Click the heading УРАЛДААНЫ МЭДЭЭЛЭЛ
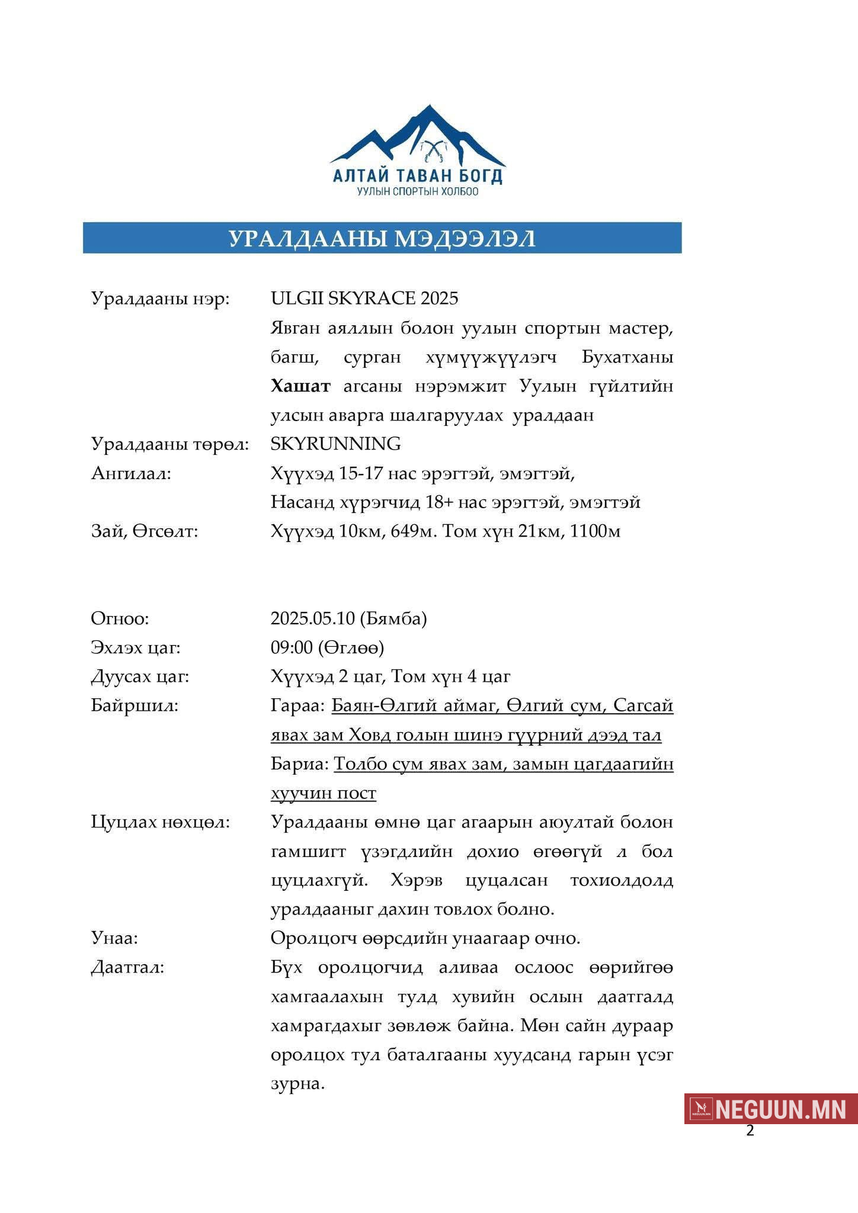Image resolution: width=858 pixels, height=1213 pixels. pyautogui.click(x=382, y=238)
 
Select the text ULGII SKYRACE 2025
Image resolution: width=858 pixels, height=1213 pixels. pyautogui.click(x=364, y=298)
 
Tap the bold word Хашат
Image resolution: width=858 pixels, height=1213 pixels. pyautogui.click(x=300, y=387)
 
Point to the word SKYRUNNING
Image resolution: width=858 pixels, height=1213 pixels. pyautogui.click(x=335, y=444)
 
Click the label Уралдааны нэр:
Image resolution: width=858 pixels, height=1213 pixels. pyautogui.click(x=160, y=298)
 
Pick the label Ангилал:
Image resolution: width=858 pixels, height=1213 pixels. pyautogui.click(x=131, y=473)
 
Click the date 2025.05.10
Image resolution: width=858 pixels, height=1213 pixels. pyautogui.click(x=313, y=618)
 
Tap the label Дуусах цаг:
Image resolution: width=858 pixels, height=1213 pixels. pyautogui.click(x=140, y=676)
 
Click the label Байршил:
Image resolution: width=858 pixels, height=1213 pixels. pyautogui.click(x=135, y=705)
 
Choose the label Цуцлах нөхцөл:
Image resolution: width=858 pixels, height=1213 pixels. pyautogui.click(x=160, y=822)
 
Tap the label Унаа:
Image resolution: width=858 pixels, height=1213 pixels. pyautogui.click(x=114, y=938)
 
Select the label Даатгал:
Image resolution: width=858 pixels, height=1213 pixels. pyautogui.click(x=127, y=967)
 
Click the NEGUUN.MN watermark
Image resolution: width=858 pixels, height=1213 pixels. pyautogui.click(x=771, y=1109)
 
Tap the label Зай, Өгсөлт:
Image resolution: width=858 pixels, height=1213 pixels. pyautogui.click(x=145, y=531)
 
